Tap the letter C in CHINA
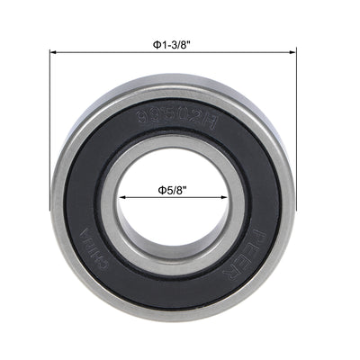tap(121, 256)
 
